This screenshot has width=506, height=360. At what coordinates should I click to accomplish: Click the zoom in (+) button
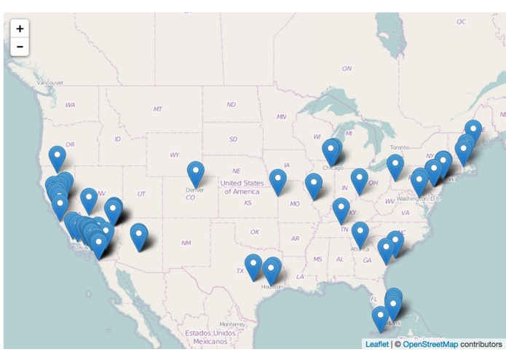[20, 28]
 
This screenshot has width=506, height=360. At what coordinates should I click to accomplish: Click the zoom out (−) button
[20, 47]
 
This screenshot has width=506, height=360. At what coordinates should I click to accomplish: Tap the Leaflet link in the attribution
[376, 343]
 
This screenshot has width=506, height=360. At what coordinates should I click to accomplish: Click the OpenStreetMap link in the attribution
[430, 343]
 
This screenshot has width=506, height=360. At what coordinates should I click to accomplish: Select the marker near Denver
[195, 172]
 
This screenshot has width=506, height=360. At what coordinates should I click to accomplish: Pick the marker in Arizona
[139, 235]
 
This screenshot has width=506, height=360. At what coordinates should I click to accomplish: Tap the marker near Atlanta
[360, 232]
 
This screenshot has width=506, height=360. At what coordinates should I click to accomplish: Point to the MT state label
[158, 109]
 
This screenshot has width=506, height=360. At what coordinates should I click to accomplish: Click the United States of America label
[242, 187]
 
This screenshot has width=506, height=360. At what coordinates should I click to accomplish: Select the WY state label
[175, 154]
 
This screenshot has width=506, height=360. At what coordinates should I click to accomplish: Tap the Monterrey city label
[232, 324]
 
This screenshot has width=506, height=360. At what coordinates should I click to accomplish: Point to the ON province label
[347, 69]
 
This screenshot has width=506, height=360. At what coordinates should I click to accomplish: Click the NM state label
[186, 243]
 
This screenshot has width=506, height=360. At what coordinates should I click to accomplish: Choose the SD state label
[233, 138]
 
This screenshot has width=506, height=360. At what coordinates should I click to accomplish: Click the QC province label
[461, 22]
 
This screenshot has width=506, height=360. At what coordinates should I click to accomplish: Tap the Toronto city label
[400, 146]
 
